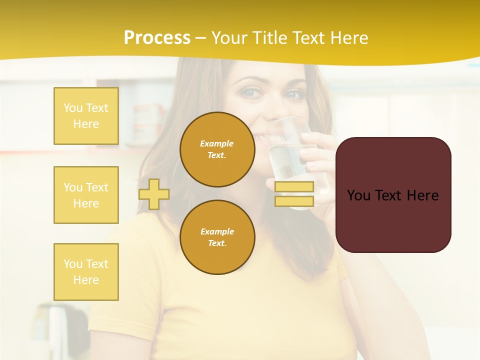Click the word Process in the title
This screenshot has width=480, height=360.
point(157,38)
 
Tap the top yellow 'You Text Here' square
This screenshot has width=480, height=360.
point(86,116)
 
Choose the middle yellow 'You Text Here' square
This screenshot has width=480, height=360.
point(86,195)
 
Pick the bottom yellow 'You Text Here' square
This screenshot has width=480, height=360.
point(86,272)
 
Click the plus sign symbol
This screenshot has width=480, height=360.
point(154,194)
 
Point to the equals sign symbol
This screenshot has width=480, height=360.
point(294,194)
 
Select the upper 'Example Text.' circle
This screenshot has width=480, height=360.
point(217,149)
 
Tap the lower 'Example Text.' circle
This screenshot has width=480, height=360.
point(217,237)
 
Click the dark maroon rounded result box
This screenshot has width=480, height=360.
point(393,195)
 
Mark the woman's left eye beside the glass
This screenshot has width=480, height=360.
point(293,94)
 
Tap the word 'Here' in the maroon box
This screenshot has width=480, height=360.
point(422,195)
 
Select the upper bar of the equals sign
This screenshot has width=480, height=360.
point(294,187)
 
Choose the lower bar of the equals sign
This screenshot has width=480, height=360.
point(294,201)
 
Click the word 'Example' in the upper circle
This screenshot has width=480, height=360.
point(217,143)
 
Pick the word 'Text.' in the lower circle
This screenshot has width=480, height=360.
point(217,243)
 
